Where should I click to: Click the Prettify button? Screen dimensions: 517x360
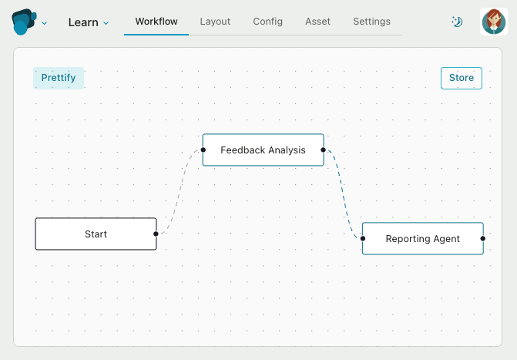[x=59, y=78]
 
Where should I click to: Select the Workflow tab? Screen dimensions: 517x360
[x=156, y=22]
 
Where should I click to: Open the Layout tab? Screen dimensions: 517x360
[x=215, y=22]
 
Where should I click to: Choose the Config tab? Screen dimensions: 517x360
[x=267, y=22]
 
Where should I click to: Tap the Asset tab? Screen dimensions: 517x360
[x=317, y=22]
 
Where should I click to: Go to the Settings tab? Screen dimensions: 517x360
[x=371, y=22]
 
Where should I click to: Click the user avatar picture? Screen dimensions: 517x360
[x=494, y=22]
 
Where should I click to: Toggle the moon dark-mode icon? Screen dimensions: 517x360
[x=457, y=22]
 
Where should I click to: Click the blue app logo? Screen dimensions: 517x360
[x=24, y=22]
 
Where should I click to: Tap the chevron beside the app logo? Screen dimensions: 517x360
[x=44, y=23]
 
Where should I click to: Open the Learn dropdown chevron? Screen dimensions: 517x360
[x=106, y=23]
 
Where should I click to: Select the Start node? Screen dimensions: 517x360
[x=96, y=234]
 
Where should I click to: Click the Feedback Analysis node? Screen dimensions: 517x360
[x=263, y=150]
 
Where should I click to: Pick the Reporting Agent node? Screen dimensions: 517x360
[x=423, y=238]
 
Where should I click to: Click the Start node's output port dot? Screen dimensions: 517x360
[x=156, y=234]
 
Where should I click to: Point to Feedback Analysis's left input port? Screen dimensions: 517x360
[x=203, y=150]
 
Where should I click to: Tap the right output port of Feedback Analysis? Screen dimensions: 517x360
[x=323, y=150]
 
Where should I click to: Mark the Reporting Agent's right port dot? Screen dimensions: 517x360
[x=483, y=238]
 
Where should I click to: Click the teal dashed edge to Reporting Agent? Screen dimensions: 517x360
[x=343, y=194]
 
